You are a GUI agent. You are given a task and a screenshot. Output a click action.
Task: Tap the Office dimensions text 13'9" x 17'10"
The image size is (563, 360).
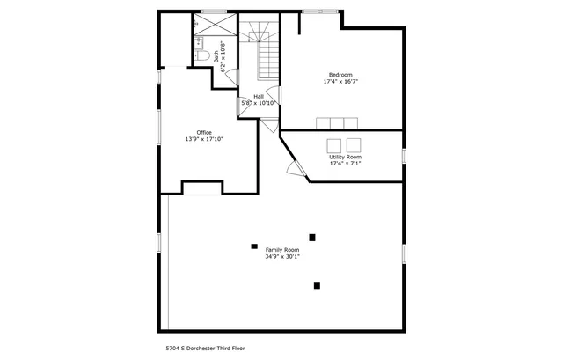point(204,139)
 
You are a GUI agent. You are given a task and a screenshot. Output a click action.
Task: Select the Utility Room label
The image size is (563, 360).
point(345,157)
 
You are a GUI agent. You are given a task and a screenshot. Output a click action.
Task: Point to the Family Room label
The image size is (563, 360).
point(282,250)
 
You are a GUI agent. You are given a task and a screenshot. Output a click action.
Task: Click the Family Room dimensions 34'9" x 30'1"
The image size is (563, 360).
point(282,257)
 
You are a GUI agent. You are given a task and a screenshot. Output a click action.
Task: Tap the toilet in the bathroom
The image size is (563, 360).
point(201,55)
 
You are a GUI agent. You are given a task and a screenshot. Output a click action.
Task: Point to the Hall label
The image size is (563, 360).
point(259,96)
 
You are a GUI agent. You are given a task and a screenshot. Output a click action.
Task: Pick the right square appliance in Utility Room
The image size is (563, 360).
point(354,144)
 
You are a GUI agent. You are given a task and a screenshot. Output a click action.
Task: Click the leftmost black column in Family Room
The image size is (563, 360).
point(254,246)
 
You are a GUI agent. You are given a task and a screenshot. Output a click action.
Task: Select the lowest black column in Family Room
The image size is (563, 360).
point(317,284)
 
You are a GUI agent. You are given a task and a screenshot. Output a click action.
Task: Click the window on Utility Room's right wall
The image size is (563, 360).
point(404,156)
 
